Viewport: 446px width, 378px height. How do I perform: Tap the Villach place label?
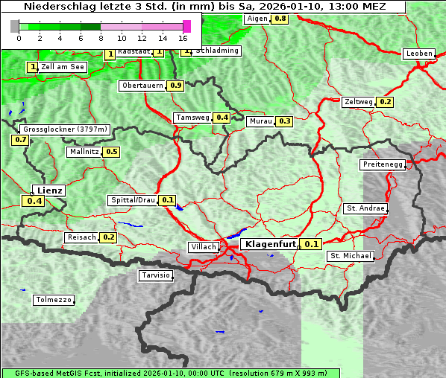pos(203,247)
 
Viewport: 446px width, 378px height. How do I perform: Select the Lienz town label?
pos(50,190)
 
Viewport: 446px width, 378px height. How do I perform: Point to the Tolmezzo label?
pos(54,300)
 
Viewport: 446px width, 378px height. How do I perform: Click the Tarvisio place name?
pos(156,275)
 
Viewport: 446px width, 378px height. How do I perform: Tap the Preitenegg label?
pos(383,164)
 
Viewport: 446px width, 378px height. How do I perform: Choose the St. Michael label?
pos(350,256)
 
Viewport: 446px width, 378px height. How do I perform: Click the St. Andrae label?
pos(365,208)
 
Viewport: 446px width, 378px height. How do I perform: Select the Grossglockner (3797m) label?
pos(66,129)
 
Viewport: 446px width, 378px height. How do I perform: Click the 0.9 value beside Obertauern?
pos(175,86)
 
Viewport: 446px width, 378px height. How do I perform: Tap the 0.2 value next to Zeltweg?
pos(385,102)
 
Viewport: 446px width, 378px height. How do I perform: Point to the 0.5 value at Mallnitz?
pos(112,152)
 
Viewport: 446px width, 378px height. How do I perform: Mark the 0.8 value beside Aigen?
pos(280,19)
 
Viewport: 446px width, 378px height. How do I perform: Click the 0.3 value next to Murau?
pos(284,121)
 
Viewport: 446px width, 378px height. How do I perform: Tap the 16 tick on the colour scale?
pos(183,38)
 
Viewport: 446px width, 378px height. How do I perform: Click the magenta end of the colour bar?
pos(186,26)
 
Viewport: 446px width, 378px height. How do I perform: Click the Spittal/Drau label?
pos(132,200)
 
